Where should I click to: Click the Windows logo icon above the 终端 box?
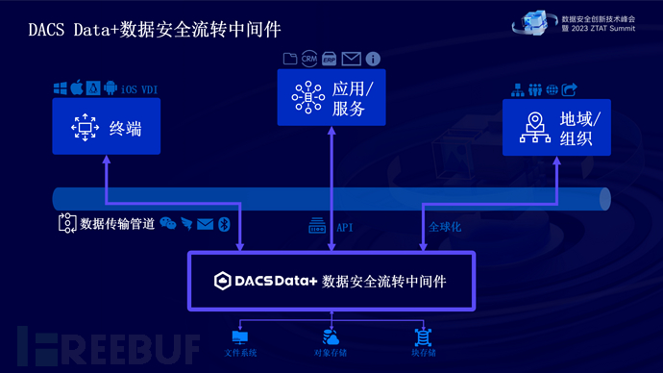(60, 88)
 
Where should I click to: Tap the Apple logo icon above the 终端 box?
(76, 88)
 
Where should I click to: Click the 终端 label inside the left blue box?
(125, 128)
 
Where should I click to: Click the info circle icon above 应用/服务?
(373, 60)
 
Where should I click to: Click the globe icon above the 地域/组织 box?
(552, 89)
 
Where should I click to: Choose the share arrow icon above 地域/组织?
(569, 89)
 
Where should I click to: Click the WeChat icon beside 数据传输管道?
(168, 223)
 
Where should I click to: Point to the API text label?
(345, 228)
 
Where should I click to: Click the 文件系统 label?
(240, 353)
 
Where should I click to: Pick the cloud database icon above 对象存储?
(331, 336)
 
